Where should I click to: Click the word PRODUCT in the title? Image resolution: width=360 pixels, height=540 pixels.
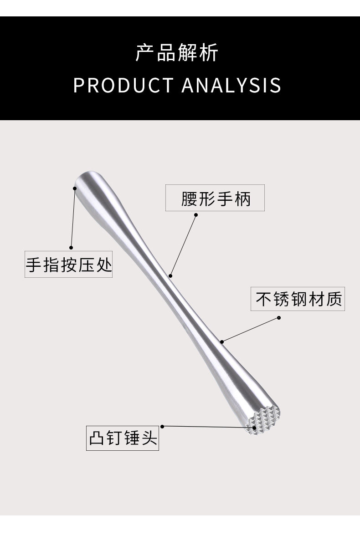(123, 86)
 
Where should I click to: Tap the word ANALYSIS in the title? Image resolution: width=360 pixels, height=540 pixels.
(231, 86)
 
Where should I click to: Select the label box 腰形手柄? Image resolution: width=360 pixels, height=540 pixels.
(215, 198)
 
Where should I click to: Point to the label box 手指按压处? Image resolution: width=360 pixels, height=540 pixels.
(68, 264)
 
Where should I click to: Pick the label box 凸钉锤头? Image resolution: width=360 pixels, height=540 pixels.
(123, 438)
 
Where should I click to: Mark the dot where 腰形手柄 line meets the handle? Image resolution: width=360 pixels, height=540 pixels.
(170, 275)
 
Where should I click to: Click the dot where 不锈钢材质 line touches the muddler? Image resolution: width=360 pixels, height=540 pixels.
(222, 341)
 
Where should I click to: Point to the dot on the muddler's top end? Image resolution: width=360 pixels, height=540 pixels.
(75, 187)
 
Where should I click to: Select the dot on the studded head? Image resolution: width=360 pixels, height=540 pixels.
(254, 428)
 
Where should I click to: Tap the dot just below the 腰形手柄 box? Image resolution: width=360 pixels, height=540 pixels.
(196, 215)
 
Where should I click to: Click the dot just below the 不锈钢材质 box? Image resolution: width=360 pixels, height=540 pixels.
(279, 318)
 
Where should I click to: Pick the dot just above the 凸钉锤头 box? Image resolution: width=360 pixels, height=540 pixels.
(162, 426)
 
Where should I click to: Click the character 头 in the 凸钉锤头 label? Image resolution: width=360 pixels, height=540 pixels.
(149, 438)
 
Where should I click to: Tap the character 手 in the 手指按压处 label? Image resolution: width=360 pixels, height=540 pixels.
(33, 264)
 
